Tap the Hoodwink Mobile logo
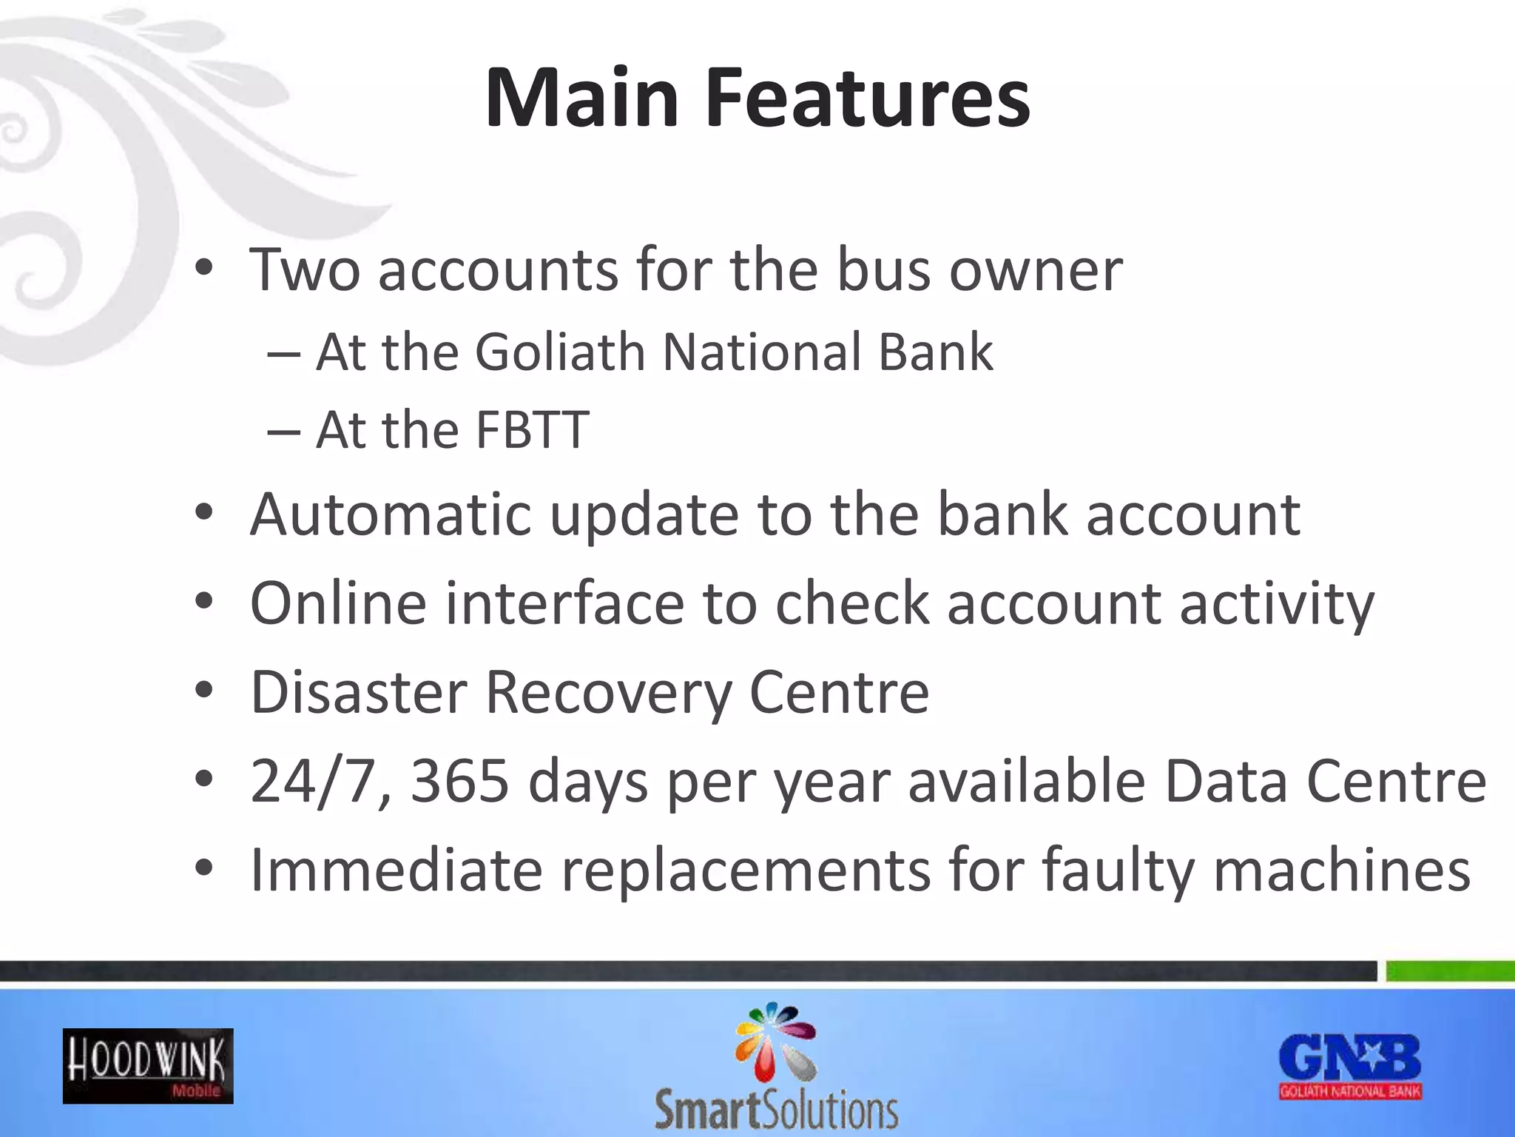(148, 1066)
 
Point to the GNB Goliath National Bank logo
(1350, 1066)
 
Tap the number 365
(459, 781)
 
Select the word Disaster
(359, 692)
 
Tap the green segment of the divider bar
(1450, 970)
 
